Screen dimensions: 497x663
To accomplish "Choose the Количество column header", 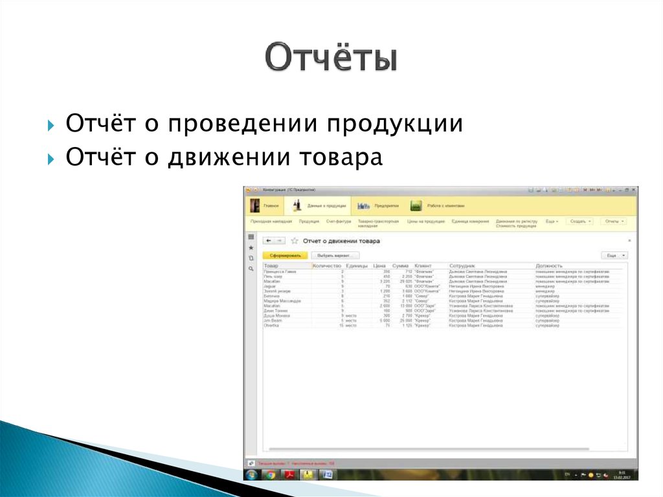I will coord(326,266).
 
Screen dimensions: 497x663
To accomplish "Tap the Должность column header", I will coord(549,266).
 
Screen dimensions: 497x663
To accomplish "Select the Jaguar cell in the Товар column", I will coord(270,286).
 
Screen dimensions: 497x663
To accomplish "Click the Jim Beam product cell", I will coord(272,321).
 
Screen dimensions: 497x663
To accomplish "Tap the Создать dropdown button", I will coord(579,222).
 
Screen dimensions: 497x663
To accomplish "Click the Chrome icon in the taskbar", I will coord(269,475).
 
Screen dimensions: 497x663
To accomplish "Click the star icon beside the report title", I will coord(295,241).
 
